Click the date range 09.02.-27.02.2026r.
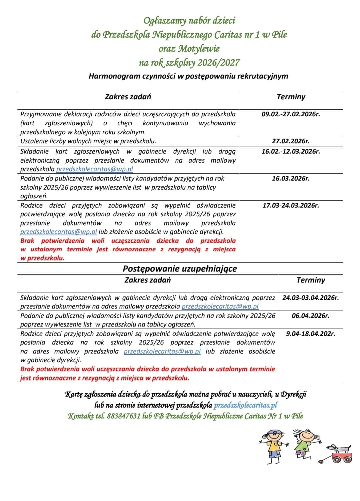coord(291,114)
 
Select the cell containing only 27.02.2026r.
coord(291,141)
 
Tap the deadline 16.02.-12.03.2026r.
coord(291,151)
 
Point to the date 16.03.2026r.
coord(291,178)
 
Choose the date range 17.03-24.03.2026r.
coord(291,205)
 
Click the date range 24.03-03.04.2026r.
coord(310,298)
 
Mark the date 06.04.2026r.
coord(310,316)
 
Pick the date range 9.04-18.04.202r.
coord(310,333)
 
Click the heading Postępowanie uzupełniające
coord(180,269)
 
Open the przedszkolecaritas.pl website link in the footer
coord(246,405)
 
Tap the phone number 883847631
coord(123,416)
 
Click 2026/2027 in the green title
coord(218,63)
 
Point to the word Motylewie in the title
coord(199,49)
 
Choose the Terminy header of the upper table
coord(291,97)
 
